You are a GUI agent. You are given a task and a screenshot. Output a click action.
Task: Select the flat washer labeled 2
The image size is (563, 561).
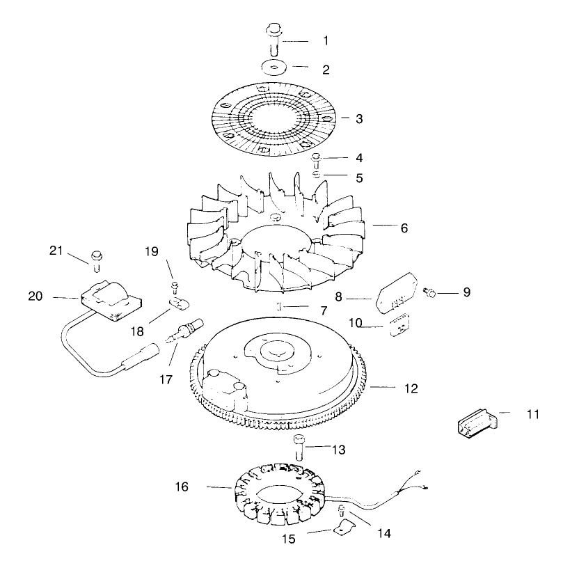[274, 68]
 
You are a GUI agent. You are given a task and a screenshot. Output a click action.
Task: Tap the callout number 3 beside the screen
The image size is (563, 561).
[359, 119]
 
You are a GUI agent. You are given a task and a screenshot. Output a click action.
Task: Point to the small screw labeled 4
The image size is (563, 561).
[317, 159]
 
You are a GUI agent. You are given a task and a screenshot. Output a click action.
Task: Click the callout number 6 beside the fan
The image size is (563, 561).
[404, 228]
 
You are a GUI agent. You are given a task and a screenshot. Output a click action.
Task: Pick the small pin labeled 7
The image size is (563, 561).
[278, 306]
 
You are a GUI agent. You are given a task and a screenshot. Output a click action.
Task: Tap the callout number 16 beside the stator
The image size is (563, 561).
[182, 487]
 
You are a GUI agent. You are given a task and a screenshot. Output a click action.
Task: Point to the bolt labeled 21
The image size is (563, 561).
[95, 260]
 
